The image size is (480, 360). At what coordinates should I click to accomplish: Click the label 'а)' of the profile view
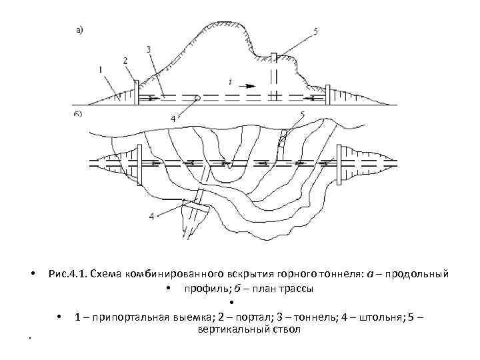point(79,29)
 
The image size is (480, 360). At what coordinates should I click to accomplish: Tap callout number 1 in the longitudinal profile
point(99,69)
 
